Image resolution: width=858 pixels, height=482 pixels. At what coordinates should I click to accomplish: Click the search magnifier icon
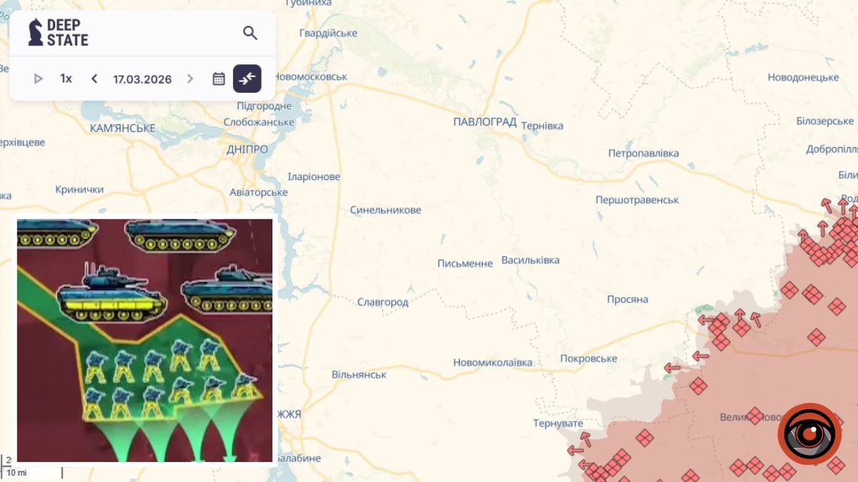pyautogui.click(x=250, y=33)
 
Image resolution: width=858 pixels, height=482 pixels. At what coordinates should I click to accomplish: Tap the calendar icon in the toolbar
pyautogui.click(x=219, y=79)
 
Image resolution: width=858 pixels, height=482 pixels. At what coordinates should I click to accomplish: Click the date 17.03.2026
pyautogui.click(x=142, y=79)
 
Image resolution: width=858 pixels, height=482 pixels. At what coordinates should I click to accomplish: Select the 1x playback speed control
pyautogui.click(x=66, y=79)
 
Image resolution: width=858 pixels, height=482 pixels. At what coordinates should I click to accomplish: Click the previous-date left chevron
pyautogui.click(x=94, y=79)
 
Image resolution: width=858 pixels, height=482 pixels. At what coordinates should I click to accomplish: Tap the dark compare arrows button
pyautogui.click(x=247, y=79)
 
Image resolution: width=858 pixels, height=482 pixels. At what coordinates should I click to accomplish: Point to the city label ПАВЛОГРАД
pyautogui.click(x=485, y=122)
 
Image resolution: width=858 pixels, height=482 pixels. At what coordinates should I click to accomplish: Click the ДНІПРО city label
pyautogui.click(x=247, y=149)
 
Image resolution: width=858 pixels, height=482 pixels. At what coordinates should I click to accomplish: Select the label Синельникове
pyautogui.click(x=385, y=210)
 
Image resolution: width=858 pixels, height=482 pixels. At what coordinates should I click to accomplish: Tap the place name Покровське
pyautogui.click(x=588, y=358)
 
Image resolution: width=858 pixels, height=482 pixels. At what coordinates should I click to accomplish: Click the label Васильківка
pyautogui.click(x=531, y=260)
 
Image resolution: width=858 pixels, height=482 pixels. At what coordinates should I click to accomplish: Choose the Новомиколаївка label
pyautogui.click(x=493, y=363)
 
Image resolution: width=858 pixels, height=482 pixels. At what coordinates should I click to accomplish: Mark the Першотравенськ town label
pyautogui.click(x=637, y=200)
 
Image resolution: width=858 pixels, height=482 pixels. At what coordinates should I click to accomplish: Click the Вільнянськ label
pyautogui.click(x=359, y=375)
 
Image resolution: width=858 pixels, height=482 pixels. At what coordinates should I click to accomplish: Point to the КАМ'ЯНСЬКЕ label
pyautogui.click(x=123, y=129)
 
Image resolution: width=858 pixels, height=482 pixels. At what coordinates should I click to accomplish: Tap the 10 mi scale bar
pyautogui.click(x=32, y=473)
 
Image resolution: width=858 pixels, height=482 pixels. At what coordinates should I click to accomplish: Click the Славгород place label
pyautogui.click(x=383, y=302)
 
